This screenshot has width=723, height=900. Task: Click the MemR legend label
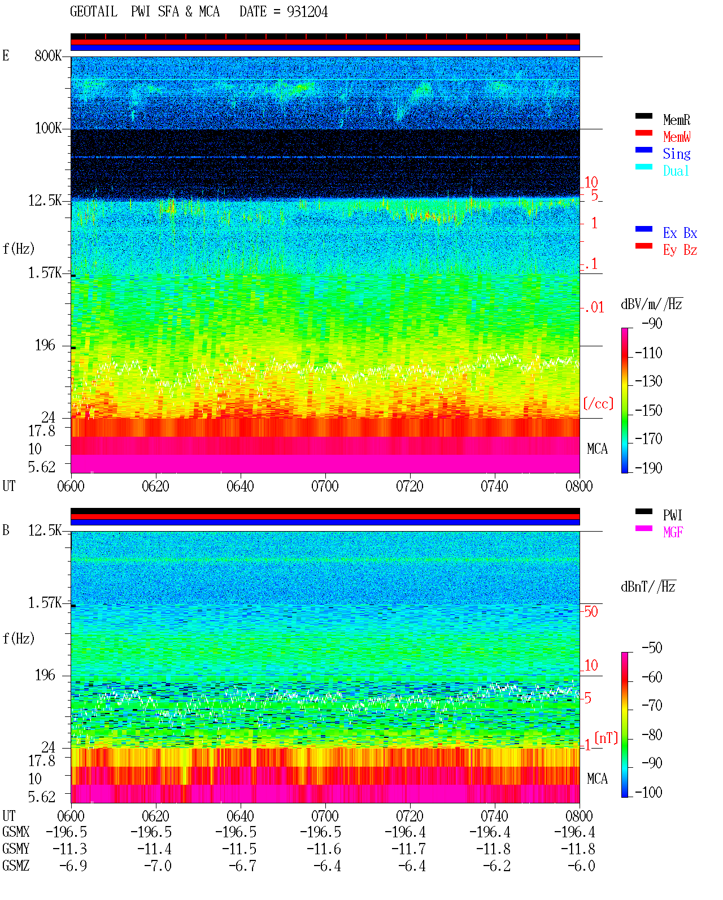[676, 120]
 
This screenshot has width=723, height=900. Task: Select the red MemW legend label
[676, 137]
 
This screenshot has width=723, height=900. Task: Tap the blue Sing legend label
[676, 154]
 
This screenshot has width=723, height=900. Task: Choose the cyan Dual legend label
[676, 171]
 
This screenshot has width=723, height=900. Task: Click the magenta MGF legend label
[673, 532]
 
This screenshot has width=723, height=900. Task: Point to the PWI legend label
[672, 515]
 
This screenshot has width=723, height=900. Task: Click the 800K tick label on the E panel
[48, 55]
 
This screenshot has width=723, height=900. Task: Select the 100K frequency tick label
[48, 128]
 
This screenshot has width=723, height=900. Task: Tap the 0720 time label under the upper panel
[410, 486]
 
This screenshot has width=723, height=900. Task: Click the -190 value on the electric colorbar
[648, 468]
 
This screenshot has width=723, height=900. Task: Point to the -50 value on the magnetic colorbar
[652, 648]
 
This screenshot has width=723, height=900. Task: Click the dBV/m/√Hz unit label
[652, 303]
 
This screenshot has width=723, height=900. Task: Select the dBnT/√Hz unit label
[648, 586]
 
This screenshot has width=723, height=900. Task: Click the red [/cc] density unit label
[598, 403]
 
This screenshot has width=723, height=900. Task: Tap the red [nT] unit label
[606, 738]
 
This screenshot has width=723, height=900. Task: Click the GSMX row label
[16, 832]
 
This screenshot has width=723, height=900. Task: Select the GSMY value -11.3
[69, 849]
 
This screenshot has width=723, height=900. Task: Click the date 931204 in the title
[307, 12]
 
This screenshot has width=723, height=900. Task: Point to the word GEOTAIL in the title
[94, 12]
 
